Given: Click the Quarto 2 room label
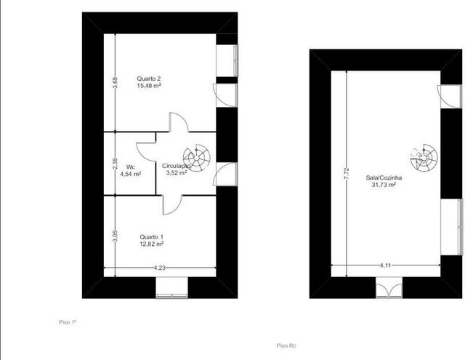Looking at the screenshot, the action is pyautogui.click(x=148, y=79).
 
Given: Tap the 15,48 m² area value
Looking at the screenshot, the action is pyautogui.click(x=149, y=86).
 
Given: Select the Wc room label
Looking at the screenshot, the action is pyautogui.click(x=131, y=167).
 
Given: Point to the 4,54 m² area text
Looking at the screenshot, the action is pyautogui.click(x=131, y=174).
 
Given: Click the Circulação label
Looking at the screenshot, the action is pyautogui.click(x=176, y=166).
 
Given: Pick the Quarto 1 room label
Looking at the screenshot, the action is pyautogui.click(x=152, y=237).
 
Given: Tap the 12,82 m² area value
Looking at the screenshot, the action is pyautogui.click(x=152, y=244).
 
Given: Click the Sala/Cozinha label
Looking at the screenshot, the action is pyautogui.click(x=384, y=177).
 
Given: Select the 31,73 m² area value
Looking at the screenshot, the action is pyautogui.click(x=384, y=185).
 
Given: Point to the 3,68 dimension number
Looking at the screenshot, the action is pyautogui.click(x=116, y=82).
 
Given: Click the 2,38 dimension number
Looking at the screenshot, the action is pyautogui.click(x=116, y=164).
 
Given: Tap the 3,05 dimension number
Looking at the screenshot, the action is pyautogui.click(x=116, y=236).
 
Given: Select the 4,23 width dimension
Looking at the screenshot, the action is pyautogui.click(x=160, y=268).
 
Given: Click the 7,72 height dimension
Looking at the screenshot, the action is pyautogui.click(x=347, y=174).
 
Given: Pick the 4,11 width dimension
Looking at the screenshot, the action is pyautogui.click(x=385, y=265).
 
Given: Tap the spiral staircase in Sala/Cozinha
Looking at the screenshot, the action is pyautogui.click(x=424, y=158).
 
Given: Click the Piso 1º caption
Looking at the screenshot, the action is pyautogui.click(x=68, y=322).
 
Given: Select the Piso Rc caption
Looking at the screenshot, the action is pyautogui.click(x=286, y=345).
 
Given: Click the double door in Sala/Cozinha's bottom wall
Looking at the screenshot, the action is pyautogui.click(x=389, y=287).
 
